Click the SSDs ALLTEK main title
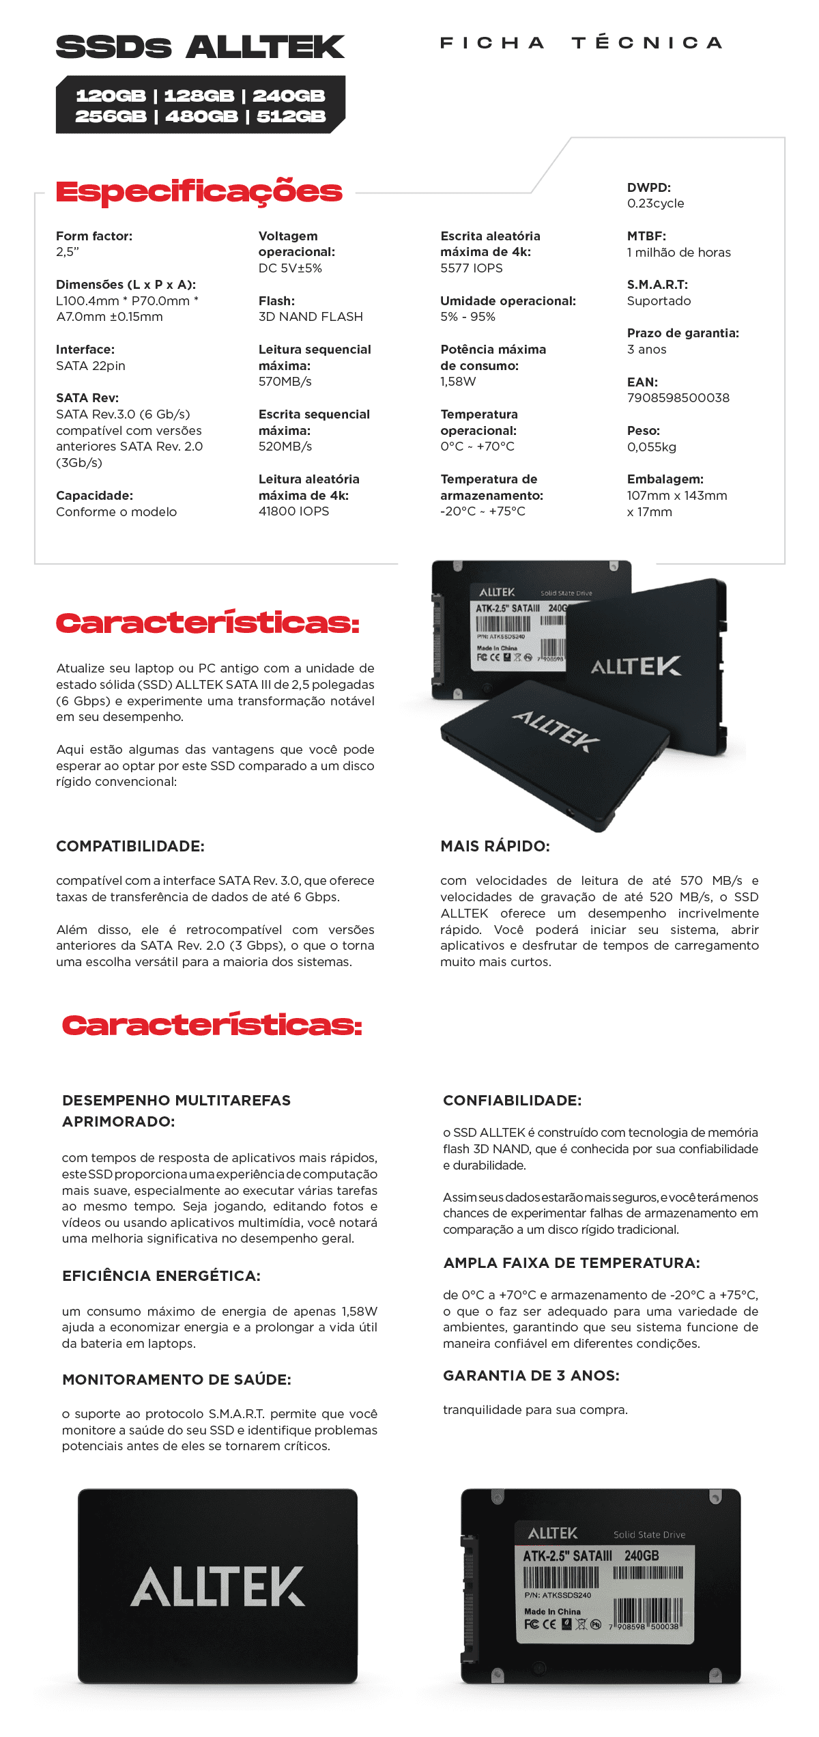click(200, 47)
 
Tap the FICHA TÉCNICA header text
click(581, 43)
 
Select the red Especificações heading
click(199, 192)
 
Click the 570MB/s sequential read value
click(285, 382)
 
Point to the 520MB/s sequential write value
click(285, 447)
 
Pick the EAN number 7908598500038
click(678, 398)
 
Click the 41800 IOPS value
click(293, 511)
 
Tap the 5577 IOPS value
click(471, 268)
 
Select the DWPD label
click(648, 188)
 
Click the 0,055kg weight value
click(651, 447)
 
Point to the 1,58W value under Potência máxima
click(458, 382)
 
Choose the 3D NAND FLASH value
click(311, 317)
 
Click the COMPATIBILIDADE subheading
click(130, 847)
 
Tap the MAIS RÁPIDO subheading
click(495, 847)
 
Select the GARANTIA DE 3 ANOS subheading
click(531, 1376)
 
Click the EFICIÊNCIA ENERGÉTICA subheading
click(161, 1276)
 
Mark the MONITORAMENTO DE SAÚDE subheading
click(176, 1380)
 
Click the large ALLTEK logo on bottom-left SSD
click(218, 1587)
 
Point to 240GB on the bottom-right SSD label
click(642, 1555)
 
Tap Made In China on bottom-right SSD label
click(552, 1611)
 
